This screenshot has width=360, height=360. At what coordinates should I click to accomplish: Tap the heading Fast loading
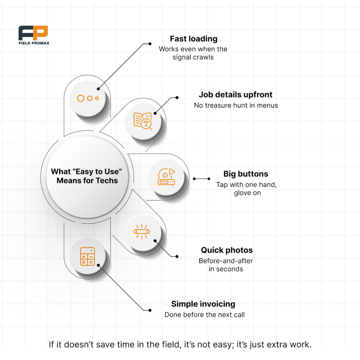tap(194, 39)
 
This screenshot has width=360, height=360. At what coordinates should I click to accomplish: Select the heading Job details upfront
tap(236, 95)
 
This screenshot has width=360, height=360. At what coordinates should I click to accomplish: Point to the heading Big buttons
tap(246, 174)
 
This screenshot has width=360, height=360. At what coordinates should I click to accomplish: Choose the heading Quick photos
tap(227, 250)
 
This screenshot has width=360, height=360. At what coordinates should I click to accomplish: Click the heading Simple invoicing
tap(203, 304)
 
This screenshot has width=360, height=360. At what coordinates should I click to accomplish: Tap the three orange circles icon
tap(88, 98)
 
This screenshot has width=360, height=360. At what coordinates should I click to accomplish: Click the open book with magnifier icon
tap(143, 121)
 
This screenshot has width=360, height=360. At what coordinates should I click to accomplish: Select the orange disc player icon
tap(166, 177)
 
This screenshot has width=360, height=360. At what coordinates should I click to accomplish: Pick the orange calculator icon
tap(88, 256)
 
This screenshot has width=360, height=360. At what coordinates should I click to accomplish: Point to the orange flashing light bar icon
tap(142, 231)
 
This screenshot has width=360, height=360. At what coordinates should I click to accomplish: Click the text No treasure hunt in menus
tap(236, 105)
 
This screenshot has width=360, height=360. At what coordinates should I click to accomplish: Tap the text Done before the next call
tap(205, 315)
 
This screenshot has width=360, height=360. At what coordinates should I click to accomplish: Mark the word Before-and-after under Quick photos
tap(226, 261)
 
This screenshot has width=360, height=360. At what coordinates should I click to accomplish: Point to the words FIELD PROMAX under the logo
tap(34, 43)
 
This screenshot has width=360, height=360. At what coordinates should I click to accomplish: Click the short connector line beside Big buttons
tap(201, 179)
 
